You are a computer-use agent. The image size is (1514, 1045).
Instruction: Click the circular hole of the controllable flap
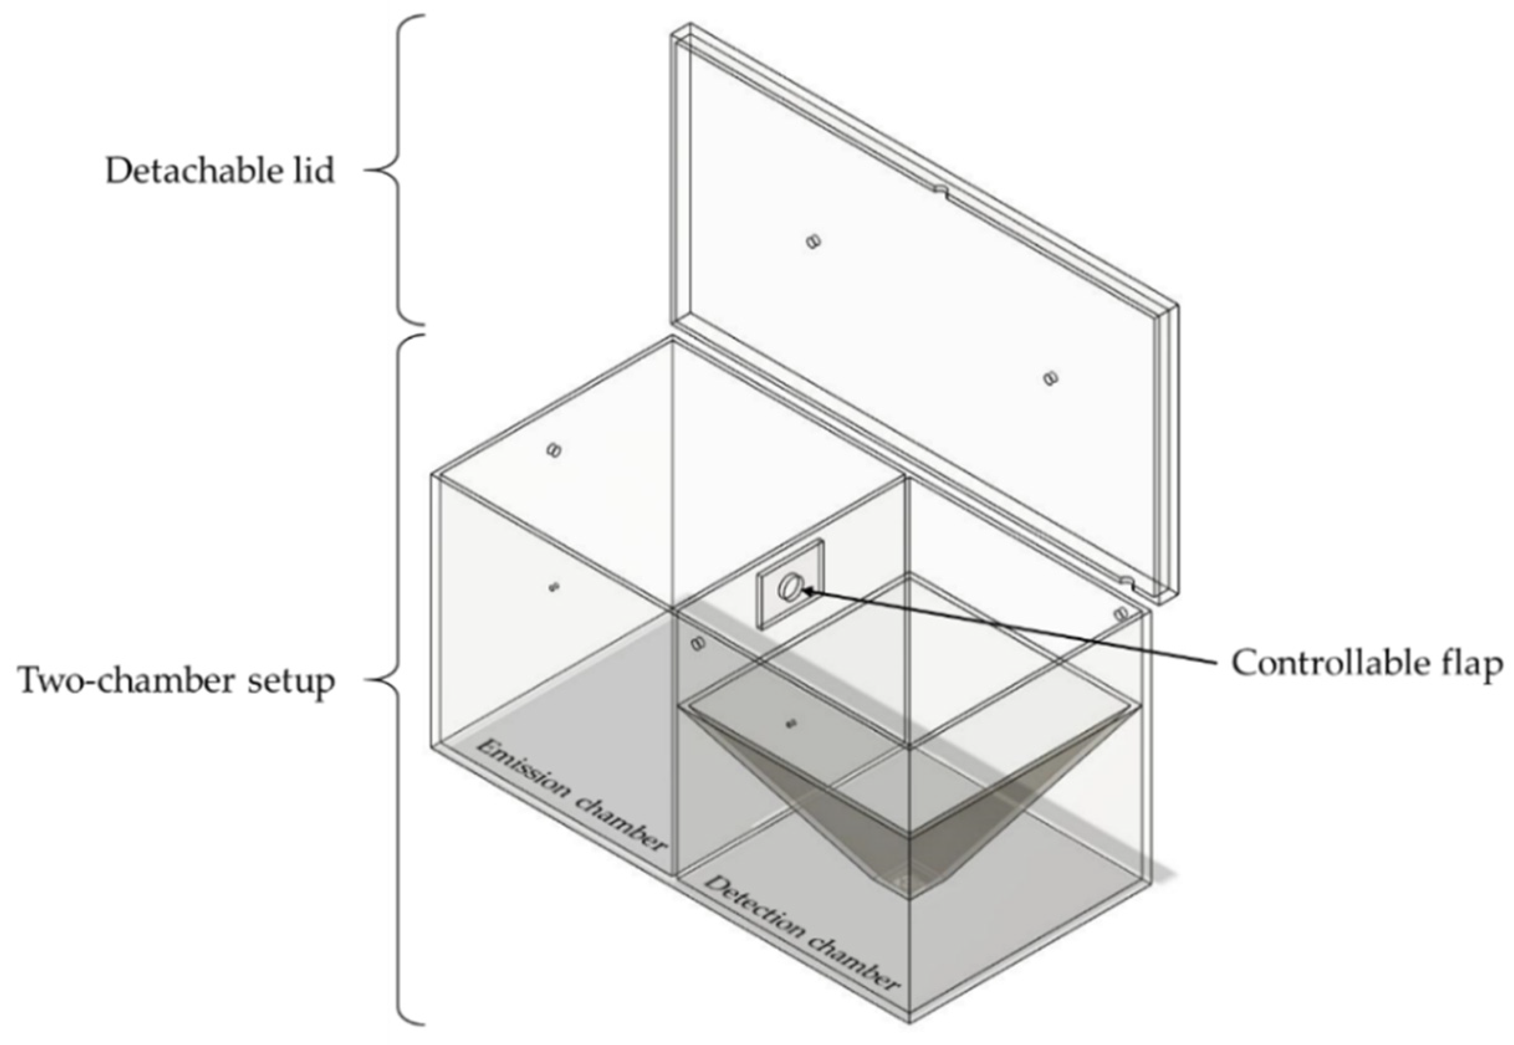(x=790, y=586)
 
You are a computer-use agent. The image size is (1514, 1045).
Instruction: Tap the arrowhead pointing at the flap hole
(x=808, y=591)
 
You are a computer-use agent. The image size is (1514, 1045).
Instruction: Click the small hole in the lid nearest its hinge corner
(x=813, y=242)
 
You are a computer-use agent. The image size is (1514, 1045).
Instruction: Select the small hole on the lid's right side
(x=1050, y=378)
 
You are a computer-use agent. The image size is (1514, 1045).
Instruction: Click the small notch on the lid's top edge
(x=940, y=189)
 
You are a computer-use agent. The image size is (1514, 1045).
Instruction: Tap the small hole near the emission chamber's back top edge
(x=554, y=450)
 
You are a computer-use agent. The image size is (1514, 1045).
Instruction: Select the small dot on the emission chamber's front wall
(x=553, y=586)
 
